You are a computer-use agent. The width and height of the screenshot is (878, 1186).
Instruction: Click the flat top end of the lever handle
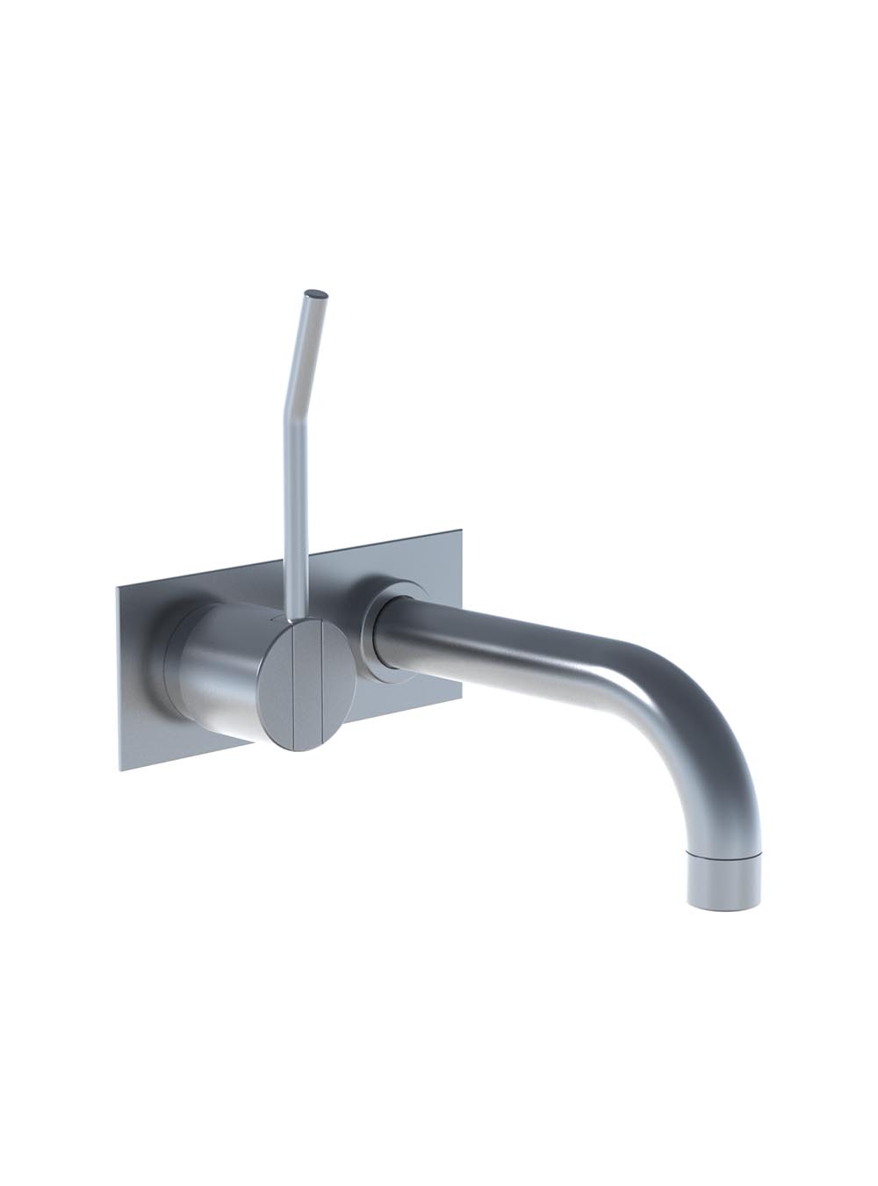click(x=317, y=294)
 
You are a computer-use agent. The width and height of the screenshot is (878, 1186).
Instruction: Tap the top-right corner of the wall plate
click(x=461, y=531)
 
